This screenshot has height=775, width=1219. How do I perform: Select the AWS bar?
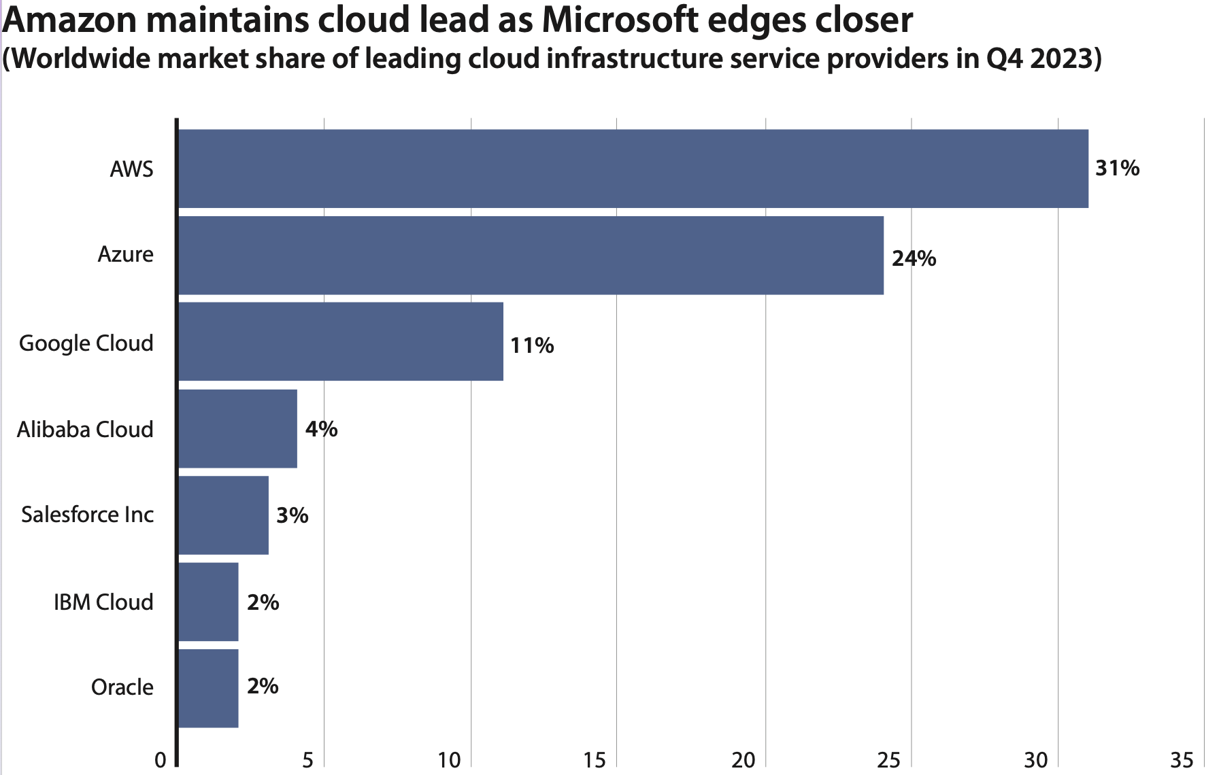(x=633, y=169)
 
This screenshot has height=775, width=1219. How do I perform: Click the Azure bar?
(x=531, y=256)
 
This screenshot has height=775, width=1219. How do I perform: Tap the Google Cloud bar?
(x=340, y=342)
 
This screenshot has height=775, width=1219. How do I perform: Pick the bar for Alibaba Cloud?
(x=237, y=429)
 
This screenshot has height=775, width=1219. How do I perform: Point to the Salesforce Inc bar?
(x=223, y=515)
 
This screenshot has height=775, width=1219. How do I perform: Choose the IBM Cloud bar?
(x=208, y=602)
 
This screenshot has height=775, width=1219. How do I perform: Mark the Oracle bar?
(x=208, y=688)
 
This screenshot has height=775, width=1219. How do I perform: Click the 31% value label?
(x=1117, y=168)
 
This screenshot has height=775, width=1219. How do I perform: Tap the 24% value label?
(x=914, y=258)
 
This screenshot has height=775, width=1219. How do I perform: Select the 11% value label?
(x=532, y=345)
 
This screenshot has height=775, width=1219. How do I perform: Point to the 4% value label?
(x=321, y=429)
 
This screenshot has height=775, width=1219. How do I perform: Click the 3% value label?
(x=293, y=515)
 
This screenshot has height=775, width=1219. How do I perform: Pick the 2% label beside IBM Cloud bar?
(x=263, y=602)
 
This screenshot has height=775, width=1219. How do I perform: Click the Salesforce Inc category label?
(x=87, y=515)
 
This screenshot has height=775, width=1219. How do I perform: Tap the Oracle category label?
(x=122, y=687)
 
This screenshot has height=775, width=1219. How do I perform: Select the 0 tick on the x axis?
(x=161, y=759)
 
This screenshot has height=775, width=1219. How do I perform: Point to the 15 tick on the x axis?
(x=595, y=759)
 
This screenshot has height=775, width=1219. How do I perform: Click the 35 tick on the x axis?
(x=1182, y=759)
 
